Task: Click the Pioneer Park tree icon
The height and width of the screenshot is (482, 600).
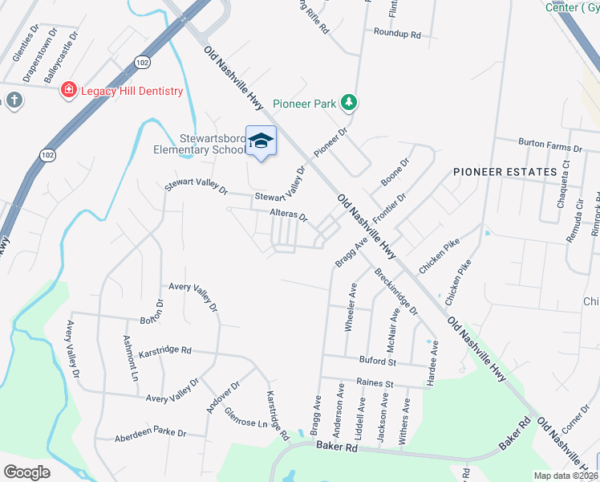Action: click(x=348, y=102)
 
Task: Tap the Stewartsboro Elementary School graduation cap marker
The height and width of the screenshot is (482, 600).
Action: click(x=260, y=141)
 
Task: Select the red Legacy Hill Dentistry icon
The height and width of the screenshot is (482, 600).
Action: click(x=69, y=91)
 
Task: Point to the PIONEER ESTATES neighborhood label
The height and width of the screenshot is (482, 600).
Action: click(x=505, y=172)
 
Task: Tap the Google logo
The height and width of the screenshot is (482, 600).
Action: click(x=27, y=472)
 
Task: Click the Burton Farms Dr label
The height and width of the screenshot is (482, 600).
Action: click(x=549, y=145)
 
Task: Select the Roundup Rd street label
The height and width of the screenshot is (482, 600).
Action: click(x=397, y=34)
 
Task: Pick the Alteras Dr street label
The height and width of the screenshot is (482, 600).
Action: click(x=288, y=215)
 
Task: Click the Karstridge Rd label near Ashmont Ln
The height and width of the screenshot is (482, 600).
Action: click(x=165, y=350)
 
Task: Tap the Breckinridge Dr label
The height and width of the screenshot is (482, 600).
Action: click(x=396, y=292)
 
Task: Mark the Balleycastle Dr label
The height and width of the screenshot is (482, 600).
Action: click(x=63, y=58)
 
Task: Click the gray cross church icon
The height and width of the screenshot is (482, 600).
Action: click(x=14, y=100)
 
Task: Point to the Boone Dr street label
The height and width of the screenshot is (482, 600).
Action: click(x=395, y=172)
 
